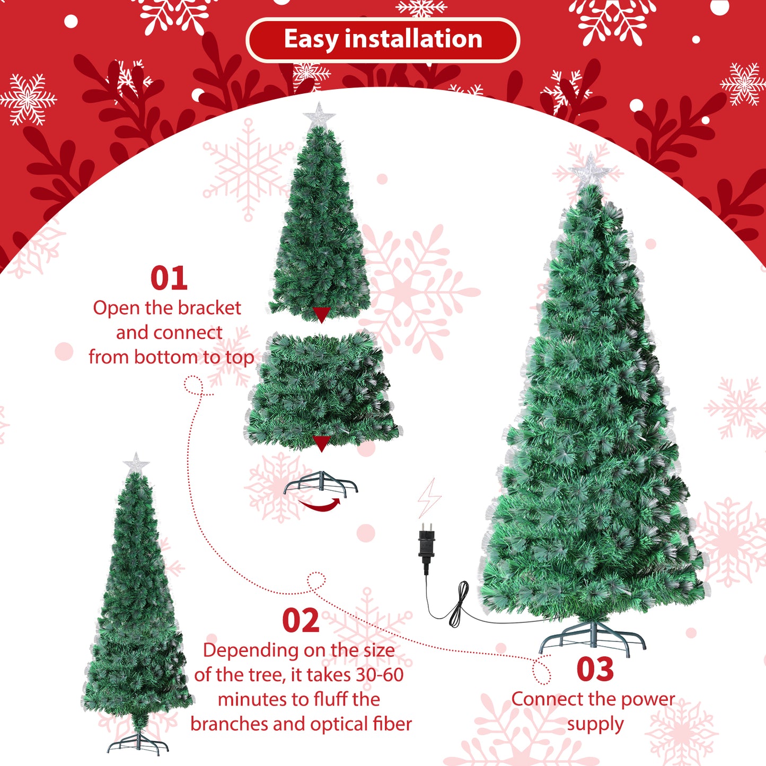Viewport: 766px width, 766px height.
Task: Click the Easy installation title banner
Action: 383,40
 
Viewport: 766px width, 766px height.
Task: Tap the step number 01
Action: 169,278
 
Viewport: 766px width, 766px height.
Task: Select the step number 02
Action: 301,621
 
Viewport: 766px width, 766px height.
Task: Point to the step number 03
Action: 595,670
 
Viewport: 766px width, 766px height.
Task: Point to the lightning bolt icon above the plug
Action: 429,498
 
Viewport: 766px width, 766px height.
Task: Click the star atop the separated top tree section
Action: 319,115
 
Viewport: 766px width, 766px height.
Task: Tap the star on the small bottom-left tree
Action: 136,463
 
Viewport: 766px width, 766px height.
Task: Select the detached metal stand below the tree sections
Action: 321,483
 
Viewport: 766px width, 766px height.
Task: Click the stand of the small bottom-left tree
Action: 138,742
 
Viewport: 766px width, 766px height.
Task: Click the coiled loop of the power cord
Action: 459,604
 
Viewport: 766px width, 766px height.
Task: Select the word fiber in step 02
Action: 392,724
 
